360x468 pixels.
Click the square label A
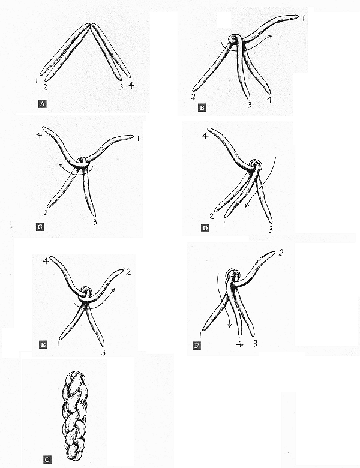[x=43, y=104]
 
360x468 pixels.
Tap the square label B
[x=202, y=107]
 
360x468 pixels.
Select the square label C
[x=40, y=227]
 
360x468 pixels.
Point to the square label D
[x=205, y=229]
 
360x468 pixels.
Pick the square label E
[x=43, y=345]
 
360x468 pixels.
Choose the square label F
[x=196, y=346]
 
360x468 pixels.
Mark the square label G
[x=47, y=460]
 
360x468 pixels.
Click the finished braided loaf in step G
[x=75, y=416]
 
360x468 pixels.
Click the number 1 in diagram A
[x=36, y=80]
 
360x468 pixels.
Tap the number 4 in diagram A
[x=131, y=85]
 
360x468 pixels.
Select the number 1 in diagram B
[x=303, y=18]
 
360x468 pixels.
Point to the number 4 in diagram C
[x=39, y=135]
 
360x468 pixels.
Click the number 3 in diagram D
[x=271, y=229]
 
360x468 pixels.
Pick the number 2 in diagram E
[x=128, y=272]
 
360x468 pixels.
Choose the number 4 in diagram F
[x=239, y=344]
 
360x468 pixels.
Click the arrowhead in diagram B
[x=269, y=37]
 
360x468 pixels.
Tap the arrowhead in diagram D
[x=247, y=205]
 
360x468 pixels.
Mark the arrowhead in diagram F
[x=229, y=325]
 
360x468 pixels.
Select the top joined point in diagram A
[x=91, y=25]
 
